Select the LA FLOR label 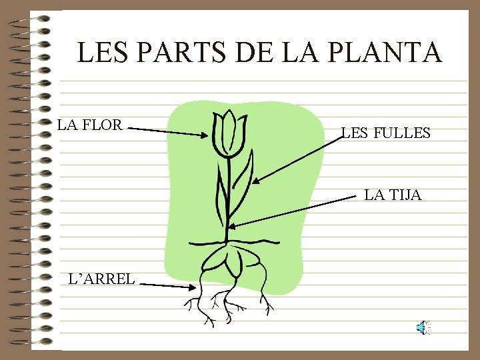(x=89, y=125)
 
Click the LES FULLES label (x=386, y=133)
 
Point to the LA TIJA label (x=393, y=195)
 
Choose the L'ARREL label (x=102, y=278)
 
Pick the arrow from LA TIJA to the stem (x=293, y=212)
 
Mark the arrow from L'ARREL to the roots (x=167, y=285)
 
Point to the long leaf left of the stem (x=217, y=193)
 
